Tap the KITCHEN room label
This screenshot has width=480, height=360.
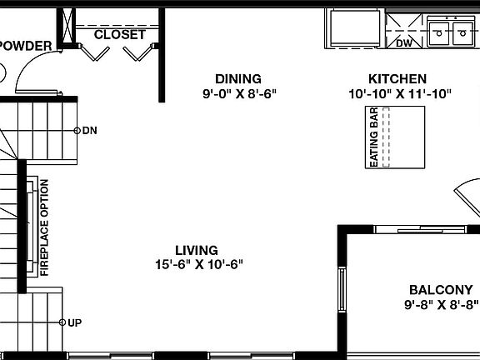pyautogui.click(x=399, y=79)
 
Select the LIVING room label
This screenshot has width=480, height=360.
pyautogui.click(x=197, y=250)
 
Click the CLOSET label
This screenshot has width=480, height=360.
pyautogui.click(x=120, y=35)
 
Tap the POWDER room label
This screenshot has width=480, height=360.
pyautogui.click(x=25, y=46)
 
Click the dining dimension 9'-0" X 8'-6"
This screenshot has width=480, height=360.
pyautogui.click(x=238, y=94)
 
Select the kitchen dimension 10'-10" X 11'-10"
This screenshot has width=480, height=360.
pyautogui.click(x=400, y=94)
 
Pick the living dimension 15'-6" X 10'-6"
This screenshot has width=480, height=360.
pyautogui.click(x=198, y=265)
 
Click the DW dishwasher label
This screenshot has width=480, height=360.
pyautogui.click(x=404, y=42)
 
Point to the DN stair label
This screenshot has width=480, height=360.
pyautogui.click(x=89, y=131)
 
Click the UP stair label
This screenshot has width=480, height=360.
pyautogui.click(x=73, y=322)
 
